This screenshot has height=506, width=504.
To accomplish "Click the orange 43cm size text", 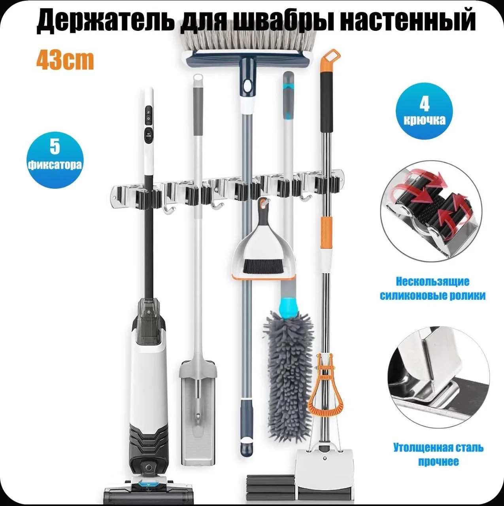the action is pyautogui.click(x=65, y=60).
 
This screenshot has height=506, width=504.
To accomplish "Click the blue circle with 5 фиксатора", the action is pyautogui.click(x=55, y=160).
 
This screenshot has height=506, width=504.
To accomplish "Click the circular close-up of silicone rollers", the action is pyautogui.click(x=431, y=215).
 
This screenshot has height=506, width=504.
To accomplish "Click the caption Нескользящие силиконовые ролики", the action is pyautogui.click(x=432, y=289).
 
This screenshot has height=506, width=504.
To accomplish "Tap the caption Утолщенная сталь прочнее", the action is pyautogui.click(x=438, y=454).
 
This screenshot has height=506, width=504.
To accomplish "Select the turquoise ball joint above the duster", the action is pyautogui.click(x=289, y=306).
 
